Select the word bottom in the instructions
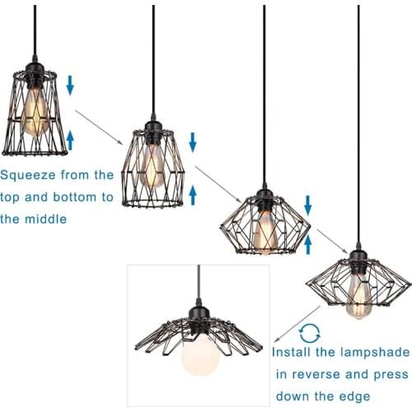[75, 197]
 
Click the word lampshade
[370, 352]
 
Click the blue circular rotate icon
[310, 332]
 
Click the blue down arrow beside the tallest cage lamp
[71, 83]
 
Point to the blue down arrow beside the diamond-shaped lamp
[307, 204]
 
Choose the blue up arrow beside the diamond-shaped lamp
[307, 244]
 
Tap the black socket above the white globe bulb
[199, 326]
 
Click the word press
[385, 373]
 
